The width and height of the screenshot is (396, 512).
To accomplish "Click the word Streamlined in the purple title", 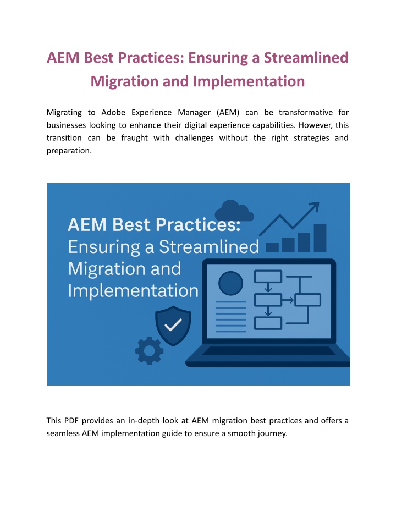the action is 306,57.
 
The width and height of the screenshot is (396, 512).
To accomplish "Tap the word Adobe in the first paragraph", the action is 113,112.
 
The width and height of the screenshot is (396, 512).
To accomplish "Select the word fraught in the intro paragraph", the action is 135,138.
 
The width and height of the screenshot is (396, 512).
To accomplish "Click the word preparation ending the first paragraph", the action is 69,151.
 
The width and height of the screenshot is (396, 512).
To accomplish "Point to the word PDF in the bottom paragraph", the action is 71,421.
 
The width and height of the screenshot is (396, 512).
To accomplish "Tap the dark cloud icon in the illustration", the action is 234,211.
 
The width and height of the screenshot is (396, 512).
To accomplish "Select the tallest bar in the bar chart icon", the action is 320,238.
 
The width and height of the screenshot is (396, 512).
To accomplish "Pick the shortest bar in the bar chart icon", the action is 272,247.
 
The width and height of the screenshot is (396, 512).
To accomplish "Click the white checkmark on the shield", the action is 173,325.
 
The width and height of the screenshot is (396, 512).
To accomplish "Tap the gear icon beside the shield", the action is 150,351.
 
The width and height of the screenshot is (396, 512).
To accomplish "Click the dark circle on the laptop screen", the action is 230,283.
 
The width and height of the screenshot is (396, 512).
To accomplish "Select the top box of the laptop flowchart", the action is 268,277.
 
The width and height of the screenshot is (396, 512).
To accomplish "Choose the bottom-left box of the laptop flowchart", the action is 268,323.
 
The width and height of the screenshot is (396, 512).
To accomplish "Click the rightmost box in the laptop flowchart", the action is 307,300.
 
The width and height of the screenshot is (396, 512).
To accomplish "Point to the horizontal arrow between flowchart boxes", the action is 288,300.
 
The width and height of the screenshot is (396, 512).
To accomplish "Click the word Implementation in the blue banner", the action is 133,291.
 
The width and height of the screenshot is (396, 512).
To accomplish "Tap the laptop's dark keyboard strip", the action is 268,351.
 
